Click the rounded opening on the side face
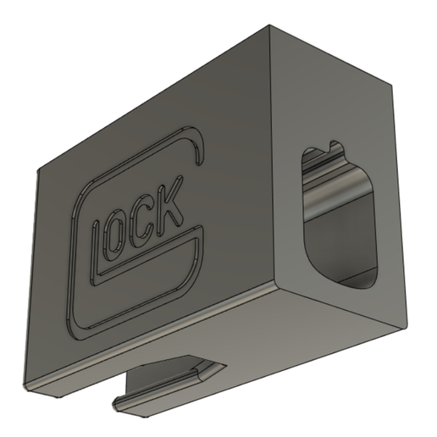[337, 216]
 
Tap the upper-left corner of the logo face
[38, 167]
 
